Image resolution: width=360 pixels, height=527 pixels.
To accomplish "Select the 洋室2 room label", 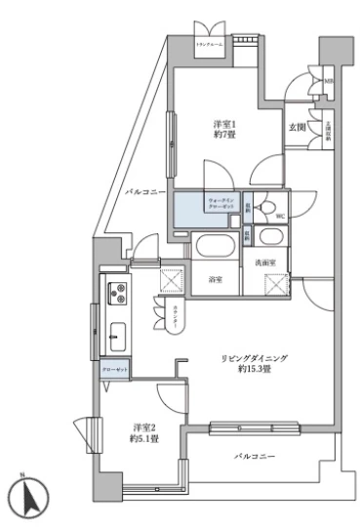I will (146, 426).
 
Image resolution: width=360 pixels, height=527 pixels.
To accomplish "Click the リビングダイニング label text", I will (253, 360).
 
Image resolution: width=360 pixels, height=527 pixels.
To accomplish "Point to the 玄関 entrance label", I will (296, 126).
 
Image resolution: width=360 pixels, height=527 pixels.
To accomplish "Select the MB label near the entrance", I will (329, 82).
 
